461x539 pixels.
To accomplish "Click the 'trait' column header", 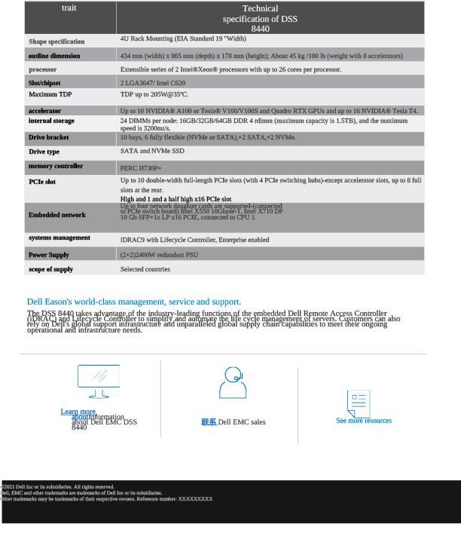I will click(x=69, y=8).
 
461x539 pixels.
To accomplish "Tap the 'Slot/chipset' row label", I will click(x=46, y=82).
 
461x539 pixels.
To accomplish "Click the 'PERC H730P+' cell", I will click(x=141, y=167).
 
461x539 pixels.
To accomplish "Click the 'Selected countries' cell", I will click(x=145, y=269).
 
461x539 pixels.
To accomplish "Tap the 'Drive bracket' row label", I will click(x=49, y=138).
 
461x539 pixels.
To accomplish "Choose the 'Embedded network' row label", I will click(x=57, y=215).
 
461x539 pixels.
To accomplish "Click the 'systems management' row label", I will click(x=60, y=238).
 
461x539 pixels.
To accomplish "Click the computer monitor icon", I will click(x=99, y=381).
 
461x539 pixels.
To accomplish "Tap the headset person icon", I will click(x=233, y=383).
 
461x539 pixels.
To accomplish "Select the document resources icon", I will click(x=359, y=403).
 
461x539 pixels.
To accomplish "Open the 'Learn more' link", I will click(x=78, y=412).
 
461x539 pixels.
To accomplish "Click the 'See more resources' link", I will click(x=364, y=421).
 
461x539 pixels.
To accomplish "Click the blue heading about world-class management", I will click(x=134, y=302).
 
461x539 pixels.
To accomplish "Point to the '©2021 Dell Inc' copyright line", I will click(x=59, y=487).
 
